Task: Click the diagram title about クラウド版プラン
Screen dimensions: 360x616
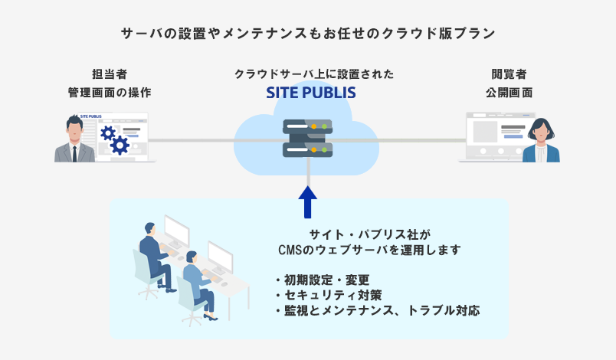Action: click(308, 34)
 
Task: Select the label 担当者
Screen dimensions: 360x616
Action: click(109, 74)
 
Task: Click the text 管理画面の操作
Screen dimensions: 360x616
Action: click(109, 93)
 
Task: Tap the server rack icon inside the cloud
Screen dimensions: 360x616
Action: click(308, 138)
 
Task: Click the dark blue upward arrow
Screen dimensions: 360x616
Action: click(307, 200)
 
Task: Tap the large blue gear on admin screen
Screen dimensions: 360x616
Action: click(120, 145)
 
